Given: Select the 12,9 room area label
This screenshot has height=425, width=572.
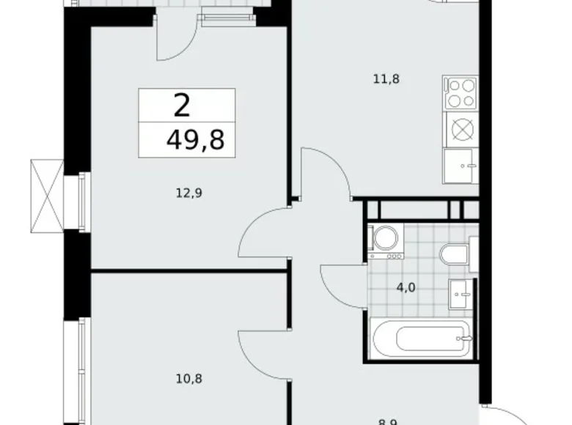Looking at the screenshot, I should click(x=188, y=193).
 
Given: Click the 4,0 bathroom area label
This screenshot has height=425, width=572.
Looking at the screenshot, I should click(x=406, y=287).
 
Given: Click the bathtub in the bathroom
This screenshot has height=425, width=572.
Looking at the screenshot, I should click(x=420, y=339).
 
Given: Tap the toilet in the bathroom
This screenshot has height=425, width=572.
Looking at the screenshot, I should click(x=455, y=254).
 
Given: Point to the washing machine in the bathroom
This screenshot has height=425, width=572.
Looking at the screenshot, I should click(x=386, y=240).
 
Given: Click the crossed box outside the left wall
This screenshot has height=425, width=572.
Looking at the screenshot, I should click(x=46, y=194).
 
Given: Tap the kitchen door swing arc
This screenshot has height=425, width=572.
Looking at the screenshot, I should click(x=323, y=171).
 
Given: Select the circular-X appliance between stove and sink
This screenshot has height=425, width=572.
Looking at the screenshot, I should click(x=461, y=129).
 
